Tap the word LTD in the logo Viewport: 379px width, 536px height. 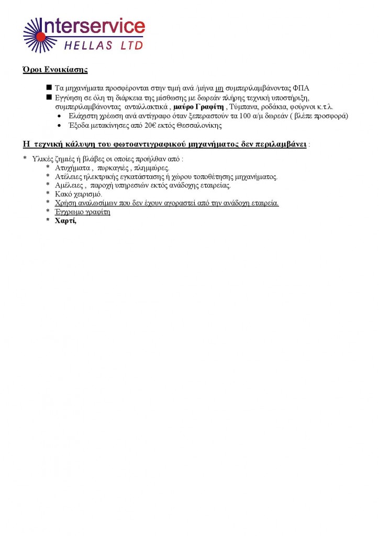point(131,46)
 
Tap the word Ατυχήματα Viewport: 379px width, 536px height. point(73,168)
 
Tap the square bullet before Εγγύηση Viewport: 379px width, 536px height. point(49,97)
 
